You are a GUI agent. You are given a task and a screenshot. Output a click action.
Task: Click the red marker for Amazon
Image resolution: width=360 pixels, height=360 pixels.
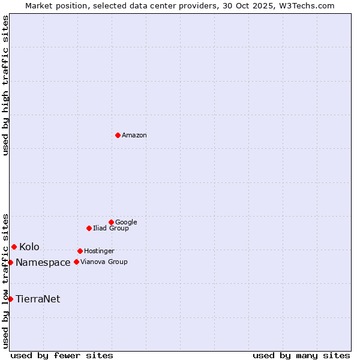pos(118,135)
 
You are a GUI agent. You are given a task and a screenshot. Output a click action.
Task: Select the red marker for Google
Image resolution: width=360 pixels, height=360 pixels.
pos(111,222)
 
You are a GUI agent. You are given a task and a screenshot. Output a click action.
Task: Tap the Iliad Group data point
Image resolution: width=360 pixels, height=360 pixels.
pos(89,228)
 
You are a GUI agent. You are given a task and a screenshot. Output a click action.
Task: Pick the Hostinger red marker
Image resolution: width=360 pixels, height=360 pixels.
pos(80,251)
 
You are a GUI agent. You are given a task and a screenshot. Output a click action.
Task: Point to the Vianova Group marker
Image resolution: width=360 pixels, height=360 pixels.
pos(76,262)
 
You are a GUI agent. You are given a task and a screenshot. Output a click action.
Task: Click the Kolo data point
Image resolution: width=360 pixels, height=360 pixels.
pos(14,247)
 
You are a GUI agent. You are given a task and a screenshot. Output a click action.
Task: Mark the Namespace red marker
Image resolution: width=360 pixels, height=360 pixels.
pos(10,262)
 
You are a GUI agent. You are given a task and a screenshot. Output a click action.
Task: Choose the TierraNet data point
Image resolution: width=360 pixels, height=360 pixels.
pos(10,299)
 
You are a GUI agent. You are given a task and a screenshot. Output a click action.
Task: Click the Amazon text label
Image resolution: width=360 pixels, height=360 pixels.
pos(134,136)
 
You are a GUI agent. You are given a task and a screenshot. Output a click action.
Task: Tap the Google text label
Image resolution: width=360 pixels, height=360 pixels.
pos(126,223)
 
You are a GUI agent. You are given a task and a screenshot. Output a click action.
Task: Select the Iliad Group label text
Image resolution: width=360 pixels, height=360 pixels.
pos(111,229)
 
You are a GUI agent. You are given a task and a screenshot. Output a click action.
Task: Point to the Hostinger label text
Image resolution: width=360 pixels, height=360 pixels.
pos(99,251)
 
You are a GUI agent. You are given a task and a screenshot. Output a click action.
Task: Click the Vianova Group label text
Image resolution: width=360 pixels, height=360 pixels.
pos(104,262)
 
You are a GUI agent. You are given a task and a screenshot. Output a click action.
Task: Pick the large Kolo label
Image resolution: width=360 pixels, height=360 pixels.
pos(29,247)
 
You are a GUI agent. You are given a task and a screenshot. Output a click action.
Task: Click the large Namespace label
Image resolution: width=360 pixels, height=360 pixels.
pos(43,263)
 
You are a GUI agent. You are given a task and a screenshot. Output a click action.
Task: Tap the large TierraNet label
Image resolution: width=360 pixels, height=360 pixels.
pos(38,299)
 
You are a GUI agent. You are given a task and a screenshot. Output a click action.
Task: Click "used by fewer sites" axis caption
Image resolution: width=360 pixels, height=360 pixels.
pos(62,355)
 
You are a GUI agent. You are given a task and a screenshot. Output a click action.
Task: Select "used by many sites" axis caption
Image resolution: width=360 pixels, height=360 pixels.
pos(301,355)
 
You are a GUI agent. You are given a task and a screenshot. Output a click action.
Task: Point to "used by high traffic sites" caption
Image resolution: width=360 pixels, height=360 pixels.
pos(6,85)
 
